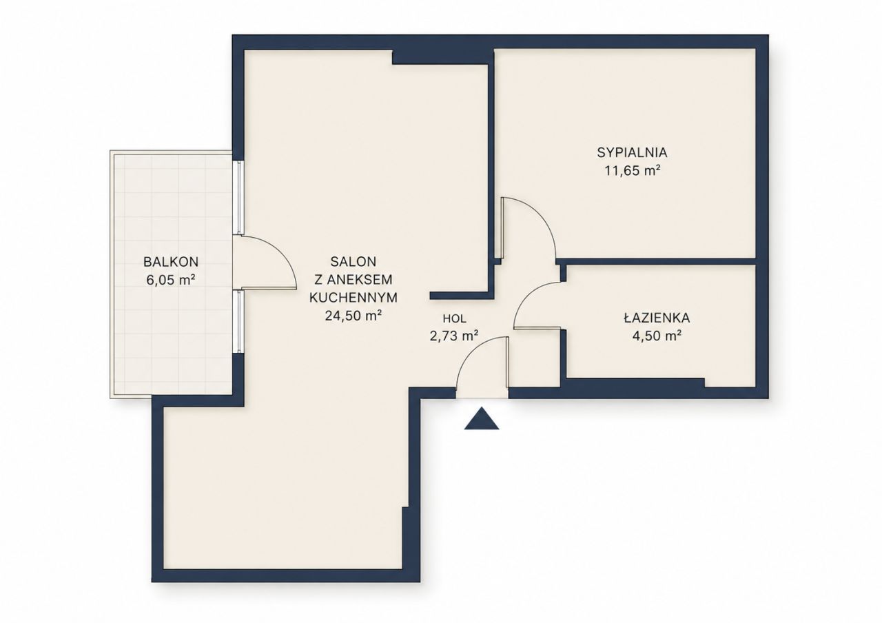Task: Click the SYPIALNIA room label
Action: point(632,152)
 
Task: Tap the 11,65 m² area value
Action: point(632,171)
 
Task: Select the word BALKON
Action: point(171,261)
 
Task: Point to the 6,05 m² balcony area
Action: point(171,280)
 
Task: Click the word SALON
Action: point(353,261)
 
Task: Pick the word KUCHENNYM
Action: point(353,297)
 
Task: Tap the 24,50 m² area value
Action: point(353,316)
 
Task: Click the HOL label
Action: point(454,318)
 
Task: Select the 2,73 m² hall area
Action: point(454,336)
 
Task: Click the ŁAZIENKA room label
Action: point(657,318)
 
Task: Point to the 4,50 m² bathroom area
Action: point(657,336)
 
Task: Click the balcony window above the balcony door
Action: point(238,198)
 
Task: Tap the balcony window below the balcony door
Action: point(238,321)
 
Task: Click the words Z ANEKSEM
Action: point(353,279)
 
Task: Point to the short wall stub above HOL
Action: point(462,296)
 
